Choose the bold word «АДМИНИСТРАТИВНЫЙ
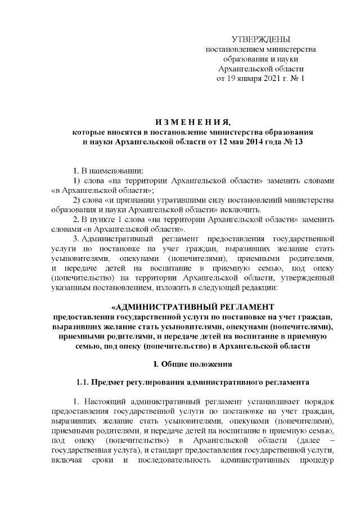[156, 308]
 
